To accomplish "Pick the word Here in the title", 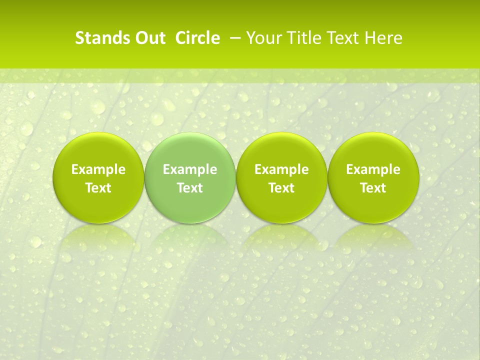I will click(384, 38).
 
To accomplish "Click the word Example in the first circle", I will click(98, 169).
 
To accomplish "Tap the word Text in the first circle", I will click(98, 188).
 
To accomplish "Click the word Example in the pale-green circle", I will click(190, 169).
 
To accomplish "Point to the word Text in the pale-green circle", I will click(190, 188).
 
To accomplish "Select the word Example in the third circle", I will click(281, 169).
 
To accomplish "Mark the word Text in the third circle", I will click(281, 188).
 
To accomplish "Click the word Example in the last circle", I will click(373, 169).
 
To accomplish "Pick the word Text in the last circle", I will click(373, 188).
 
